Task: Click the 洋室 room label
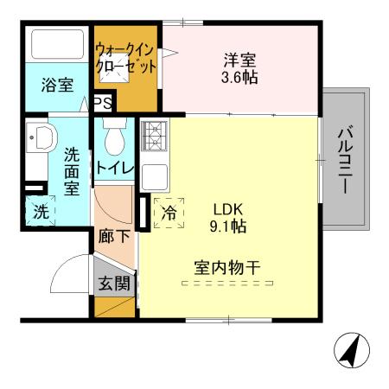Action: (x=241, y=61)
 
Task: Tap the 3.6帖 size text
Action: (x=241, y=77)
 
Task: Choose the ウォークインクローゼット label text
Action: (x=126, y=57)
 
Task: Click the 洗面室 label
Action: (x=72, y=170)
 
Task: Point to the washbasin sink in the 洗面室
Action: (x=40, y=137)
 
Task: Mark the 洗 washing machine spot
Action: (x=40, y=209)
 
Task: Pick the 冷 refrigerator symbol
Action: (x=169, y=211)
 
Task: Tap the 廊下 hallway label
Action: (x=114, y=235)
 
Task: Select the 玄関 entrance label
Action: (x=114, y=282)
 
